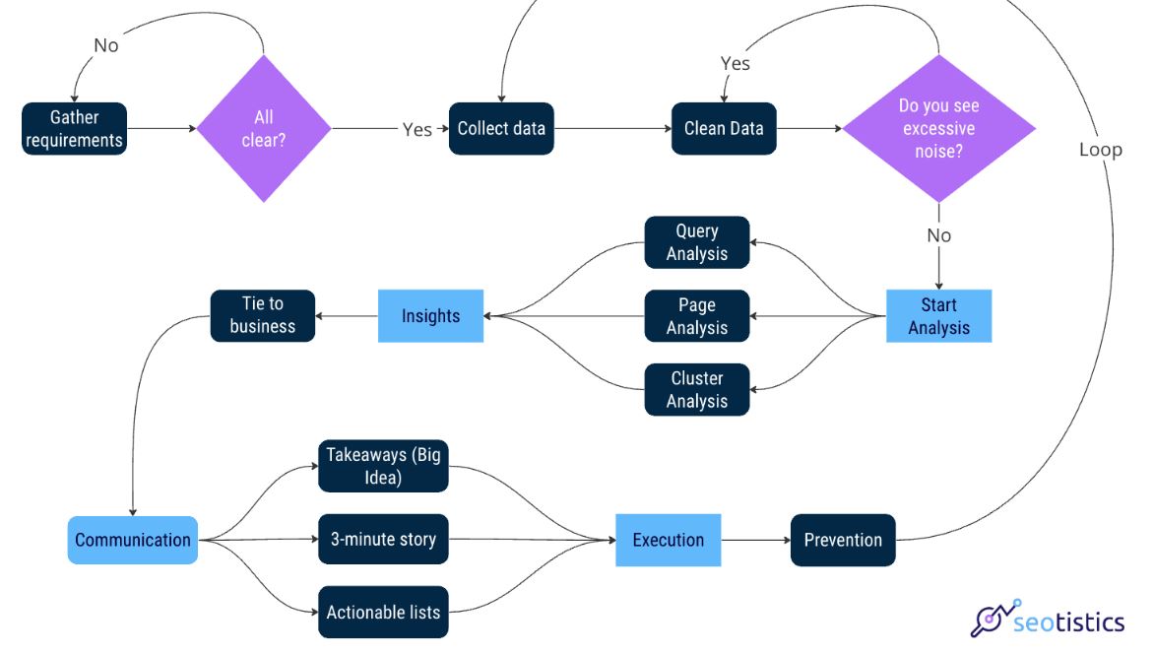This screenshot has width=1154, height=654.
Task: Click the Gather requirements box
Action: pyautogui.click(x=75, y=129)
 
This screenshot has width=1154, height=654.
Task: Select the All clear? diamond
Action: pyautogui.click(x=263, y=129)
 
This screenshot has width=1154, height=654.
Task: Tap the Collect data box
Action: pyautogui.click(x=501, y=129)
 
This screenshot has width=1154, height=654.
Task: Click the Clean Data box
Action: pyautogui.click(x=724, y=129)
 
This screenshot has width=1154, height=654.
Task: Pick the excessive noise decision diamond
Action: pyautogui.click(x=938, y=129)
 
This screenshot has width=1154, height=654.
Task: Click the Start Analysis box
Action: pyautogui.click(x=938, y=316)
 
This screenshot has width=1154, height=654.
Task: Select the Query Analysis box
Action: pyautogui.click(x=697, y=242)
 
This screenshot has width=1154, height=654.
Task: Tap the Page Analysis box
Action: pyautogui.click(x=697, y=316)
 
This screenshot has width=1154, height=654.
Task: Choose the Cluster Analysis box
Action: pyautogui.click(x=697, y=390)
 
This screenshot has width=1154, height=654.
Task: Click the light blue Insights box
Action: pyautogui.click(x=430, y=316)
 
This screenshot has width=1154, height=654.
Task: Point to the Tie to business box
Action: pyautogui.click(x=263, y=315)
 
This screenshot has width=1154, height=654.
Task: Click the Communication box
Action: pyautogui.click(x=133, y=540)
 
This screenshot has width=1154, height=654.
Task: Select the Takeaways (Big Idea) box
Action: pyautogui.click(x=383, y=466)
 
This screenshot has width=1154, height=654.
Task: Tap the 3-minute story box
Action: pyautogui.click(x=383, y=540)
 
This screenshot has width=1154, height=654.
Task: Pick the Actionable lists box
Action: pyautogui.click(x=383, y=613)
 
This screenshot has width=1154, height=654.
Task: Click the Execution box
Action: pyautogui.click(x=669, y=540)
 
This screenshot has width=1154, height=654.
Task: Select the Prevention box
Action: pyautogui.click(x=843, y=540)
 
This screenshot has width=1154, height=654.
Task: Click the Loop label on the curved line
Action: pyautogui.click(x=1100, y=150)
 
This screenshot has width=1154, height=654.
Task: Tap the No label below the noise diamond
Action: pyautogui.click(x=938, y=235)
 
